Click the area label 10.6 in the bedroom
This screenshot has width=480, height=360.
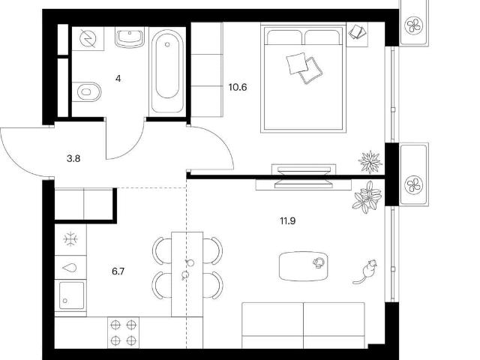point(238,88)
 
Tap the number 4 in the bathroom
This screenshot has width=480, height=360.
point(118,79)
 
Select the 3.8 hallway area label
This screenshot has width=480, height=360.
point(73,158)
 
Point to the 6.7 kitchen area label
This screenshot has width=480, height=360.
point(118,271)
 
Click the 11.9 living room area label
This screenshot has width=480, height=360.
point(288,220)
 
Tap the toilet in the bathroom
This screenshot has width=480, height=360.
point(87,91)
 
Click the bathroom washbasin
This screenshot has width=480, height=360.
point(130,37)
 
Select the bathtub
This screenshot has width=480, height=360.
point(167,71)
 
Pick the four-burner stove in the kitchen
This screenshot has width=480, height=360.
point(123,332)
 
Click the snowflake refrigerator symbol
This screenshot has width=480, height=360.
point(70,239)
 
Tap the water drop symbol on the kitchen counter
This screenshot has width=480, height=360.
point(69,268)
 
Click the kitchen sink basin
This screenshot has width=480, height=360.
point(71,295)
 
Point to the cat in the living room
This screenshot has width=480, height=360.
point(366,271)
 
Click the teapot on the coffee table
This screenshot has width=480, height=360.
point(319,262)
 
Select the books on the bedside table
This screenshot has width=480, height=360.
point(357,31)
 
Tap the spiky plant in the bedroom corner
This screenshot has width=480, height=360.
point(370,161)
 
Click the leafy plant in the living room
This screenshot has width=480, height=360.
point(367,196)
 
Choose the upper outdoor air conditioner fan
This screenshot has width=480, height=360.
point(414,25)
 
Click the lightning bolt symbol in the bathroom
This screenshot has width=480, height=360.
point(88,39)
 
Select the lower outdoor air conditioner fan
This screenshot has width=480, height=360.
point(414,184)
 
